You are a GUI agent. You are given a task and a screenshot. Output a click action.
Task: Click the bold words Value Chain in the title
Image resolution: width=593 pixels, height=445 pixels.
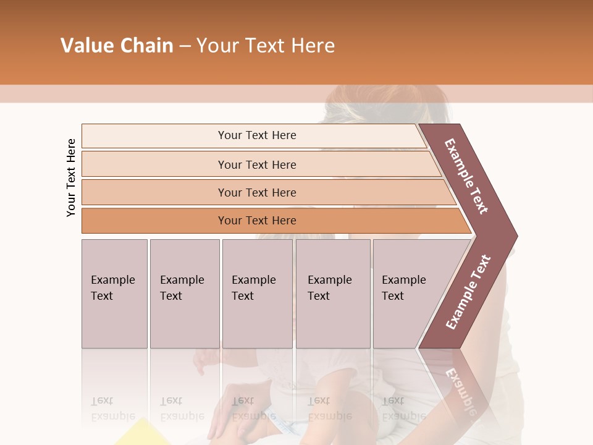click(x=117, y=46)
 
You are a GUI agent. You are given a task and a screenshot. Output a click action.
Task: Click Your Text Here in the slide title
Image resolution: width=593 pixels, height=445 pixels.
click(x=266, y=46)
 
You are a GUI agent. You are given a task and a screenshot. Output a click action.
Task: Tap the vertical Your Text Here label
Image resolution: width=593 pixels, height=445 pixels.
click(x=71, y=177)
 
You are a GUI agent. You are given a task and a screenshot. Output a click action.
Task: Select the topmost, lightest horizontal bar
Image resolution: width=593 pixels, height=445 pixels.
click(x=257, y=135)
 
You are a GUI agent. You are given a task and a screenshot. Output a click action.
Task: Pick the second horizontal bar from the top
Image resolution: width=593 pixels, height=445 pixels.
click(x=257, y=164)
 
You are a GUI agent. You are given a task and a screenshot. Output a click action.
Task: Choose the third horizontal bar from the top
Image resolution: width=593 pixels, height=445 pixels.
click(x=257, y=192)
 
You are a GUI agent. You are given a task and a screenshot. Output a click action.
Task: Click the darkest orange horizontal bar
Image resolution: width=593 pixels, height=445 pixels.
click(x=257, y=221)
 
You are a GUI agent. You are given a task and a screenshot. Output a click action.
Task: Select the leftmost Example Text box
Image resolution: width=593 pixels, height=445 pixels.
click(x=114, y=294)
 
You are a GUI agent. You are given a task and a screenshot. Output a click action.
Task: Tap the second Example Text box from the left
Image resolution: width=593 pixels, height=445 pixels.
click(x=185, y=294)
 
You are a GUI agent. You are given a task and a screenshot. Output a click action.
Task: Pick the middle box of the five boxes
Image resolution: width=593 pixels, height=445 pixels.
click(x=257, y=294)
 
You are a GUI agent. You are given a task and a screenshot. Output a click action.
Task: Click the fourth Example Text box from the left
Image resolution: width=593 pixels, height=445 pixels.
click(x=333, y=294)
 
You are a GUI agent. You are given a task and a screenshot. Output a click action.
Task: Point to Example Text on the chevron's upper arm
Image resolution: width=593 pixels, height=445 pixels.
click(x=466, y=176)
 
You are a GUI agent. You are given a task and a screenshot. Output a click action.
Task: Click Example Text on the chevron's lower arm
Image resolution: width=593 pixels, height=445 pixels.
click(x=468, y=292)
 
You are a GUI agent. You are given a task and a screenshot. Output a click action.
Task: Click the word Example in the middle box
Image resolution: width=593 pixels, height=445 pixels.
click(x=253, y=280)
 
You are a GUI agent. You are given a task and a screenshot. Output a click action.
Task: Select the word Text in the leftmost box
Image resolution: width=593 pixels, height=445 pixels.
click(x=102, y=296)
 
